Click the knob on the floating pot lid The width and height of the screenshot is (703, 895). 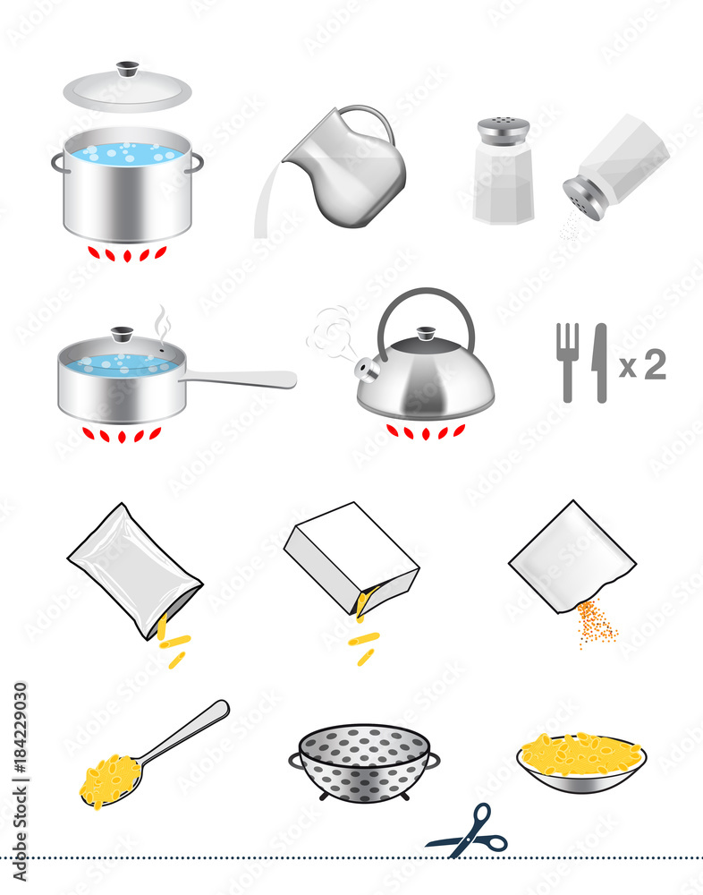[128, 69]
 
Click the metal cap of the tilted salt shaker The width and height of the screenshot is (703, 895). [583, 198]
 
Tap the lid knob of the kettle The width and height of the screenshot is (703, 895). [426, 334]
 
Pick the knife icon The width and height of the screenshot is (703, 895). [599, 361]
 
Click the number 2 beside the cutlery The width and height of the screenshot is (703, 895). [656, 364]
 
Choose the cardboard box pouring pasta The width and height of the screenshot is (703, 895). [351, 558]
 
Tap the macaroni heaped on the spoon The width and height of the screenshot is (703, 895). [109, 779]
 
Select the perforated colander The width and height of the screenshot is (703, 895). [364, 763]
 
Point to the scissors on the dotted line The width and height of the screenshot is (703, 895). [469, 832]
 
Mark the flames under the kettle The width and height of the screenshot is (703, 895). [426, 431]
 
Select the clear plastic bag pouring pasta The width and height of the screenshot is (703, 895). [134, 568]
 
